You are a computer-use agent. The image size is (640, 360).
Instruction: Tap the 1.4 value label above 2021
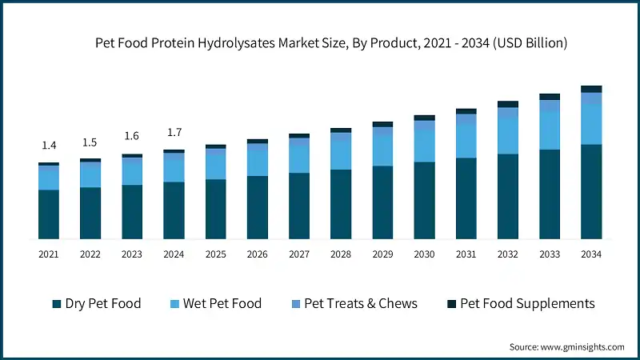(49, 145)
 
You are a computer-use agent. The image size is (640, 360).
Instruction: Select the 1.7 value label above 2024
(174, 132)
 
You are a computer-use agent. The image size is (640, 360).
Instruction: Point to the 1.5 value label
(90, 142)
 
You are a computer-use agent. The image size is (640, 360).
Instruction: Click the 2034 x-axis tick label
(591, 254)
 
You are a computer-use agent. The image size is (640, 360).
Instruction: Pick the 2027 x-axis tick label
(299, 254)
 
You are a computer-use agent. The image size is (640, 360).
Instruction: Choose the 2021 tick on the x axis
(49, 254)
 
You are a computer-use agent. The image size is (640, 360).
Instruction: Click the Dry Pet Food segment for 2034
(591, 191)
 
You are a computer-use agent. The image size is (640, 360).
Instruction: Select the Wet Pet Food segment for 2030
(424, 146)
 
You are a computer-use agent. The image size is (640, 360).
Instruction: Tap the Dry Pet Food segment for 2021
(49, 214)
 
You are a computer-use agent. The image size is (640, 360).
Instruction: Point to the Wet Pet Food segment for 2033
(550, 130)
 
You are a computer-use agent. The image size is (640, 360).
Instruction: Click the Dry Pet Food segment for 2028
(341, 203)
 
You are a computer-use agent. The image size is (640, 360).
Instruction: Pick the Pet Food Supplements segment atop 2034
(591, 89)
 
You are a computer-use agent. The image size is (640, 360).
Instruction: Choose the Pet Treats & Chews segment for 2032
(508, 113)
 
